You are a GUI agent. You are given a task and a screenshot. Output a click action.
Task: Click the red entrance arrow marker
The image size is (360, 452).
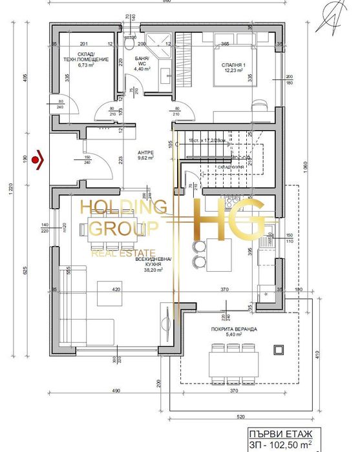click(x=40, y=158)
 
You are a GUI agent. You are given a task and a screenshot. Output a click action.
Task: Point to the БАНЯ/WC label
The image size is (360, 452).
click(x=142, y=61)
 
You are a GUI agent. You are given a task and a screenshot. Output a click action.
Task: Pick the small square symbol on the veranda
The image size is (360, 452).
click(x=279, y=349)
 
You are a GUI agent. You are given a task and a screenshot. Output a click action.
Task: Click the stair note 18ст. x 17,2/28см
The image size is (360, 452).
click(x=207, y=140)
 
